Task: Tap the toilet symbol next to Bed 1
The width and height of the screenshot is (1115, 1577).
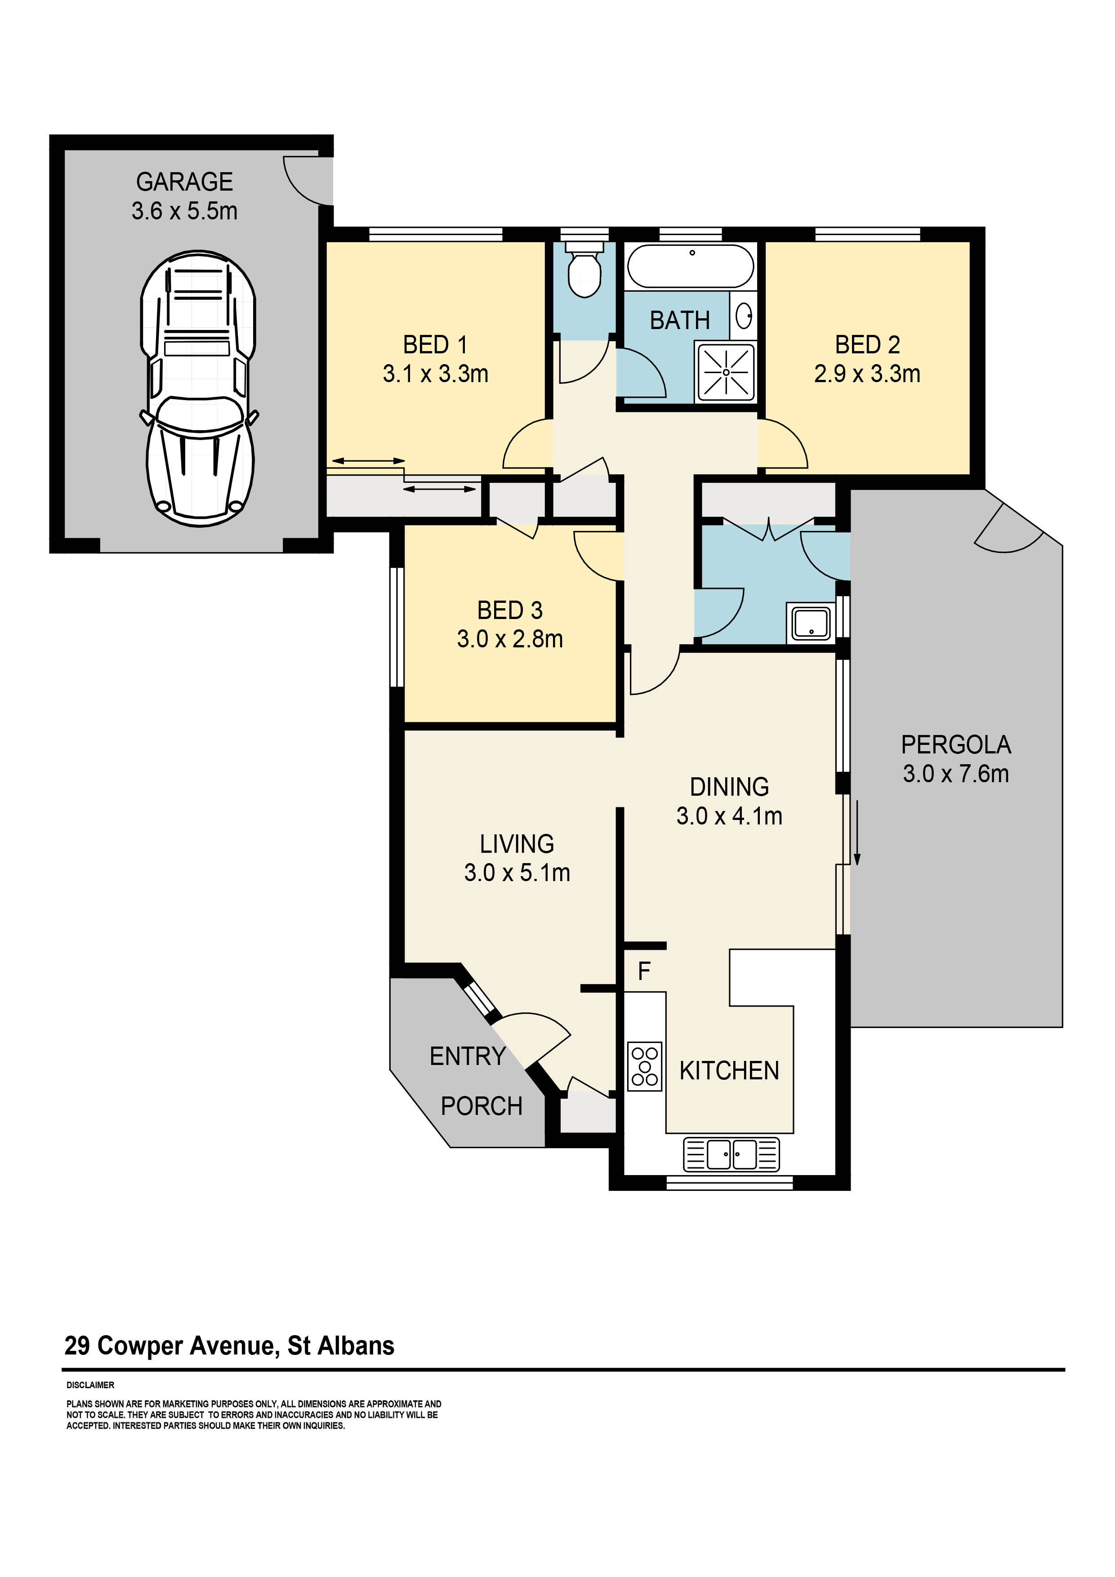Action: pyautogui.click(x=584, y=272)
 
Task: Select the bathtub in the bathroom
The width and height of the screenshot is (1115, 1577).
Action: pyautogui.click(x=691, y=267)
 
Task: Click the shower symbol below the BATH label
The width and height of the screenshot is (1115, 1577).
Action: pyautogui.click(x=726, y=372)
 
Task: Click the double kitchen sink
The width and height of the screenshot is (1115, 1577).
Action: pyautogui.click(x=731, y=1154)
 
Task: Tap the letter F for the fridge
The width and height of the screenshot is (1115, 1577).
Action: pyautogui.click(x=644, y=971)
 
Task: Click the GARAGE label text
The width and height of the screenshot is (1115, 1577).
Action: pyautogui.click(x=184, y=182)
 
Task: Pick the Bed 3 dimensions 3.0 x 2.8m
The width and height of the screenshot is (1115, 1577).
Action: pyautogui.click(x=510, y=639)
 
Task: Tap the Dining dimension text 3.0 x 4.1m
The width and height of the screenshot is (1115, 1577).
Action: pyautogui.click(x=729, y=816)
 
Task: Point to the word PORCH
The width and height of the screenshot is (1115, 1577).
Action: pyautogui.click(x=481, y=1106)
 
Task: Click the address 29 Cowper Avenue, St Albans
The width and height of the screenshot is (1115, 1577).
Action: pyautogui.click(x=229, y=1345)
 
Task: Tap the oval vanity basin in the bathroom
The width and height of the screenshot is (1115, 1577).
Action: pyautogui.click(x=743, y=316)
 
